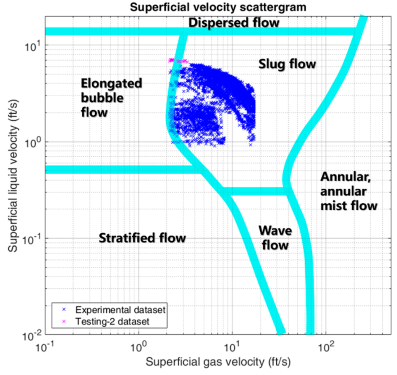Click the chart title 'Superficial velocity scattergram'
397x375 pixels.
tap(218, 7)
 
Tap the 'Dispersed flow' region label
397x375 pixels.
tap(234, 23)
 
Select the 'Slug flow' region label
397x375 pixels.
tap(287, 64)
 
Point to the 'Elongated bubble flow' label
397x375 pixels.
tap(111, 98)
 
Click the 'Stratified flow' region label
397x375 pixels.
tap(142, 238)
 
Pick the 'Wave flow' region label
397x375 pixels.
tap(275, 238)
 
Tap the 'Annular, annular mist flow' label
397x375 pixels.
tap(349, 191)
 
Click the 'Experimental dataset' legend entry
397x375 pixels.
tap(120, 310)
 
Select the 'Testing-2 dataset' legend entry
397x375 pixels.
tap(112, 322)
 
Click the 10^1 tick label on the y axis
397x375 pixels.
tap(32, 46)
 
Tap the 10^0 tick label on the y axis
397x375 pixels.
tap(32, 143)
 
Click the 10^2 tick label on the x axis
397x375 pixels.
tap(325, 348)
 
